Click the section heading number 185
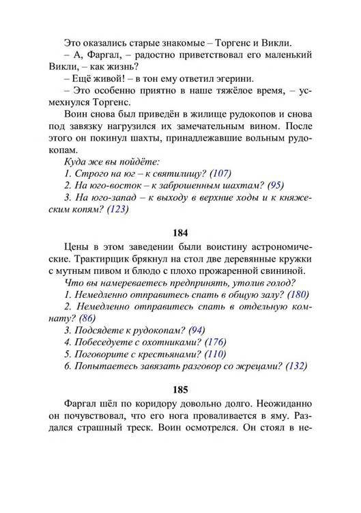(x=180, y=391)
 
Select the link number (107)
(x=221, y=173)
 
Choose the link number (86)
(x=87, y=319)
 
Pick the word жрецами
(x=259, y=367)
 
